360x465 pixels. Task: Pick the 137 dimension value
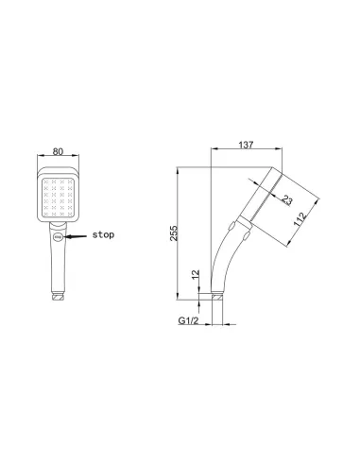[246, 146]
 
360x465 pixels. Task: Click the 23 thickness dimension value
[285, 200]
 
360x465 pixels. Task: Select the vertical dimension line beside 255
[182, 236]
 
